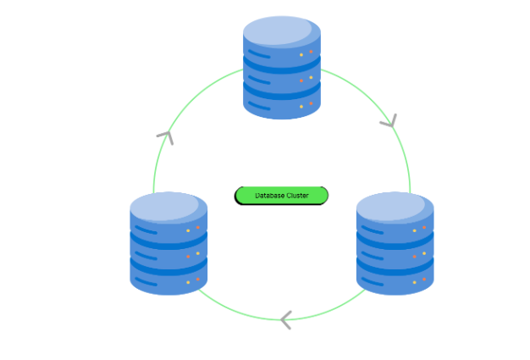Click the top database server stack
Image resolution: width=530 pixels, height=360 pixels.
pyautogui.click(x=282, y=68)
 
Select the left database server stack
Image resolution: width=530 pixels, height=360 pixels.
pyautogui.click(x=168, y=243)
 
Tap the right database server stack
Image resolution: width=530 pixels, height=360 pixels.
pyautogui.click(x=395, y=243)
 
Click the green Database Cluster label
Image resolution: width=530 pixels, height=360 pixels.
pyautogui.click(x=281, y=196)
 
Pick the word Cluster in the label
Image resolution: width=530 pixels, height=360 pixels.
pyautogui.click(x=296, y=196)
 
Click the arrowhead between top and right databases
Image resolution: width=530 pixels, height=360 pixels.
pyautogui.click(x=389, y=122)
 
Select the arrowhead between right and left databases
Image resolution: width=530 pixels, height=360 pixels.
pyautogui.click(x=285, y=319)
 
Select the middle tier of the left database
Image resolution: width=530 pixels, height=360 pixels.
pyautogui.click(x=168, y=252)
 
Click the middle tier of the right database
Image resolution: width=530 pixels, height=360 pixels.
pyautogui.click(x=395, y=252)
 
